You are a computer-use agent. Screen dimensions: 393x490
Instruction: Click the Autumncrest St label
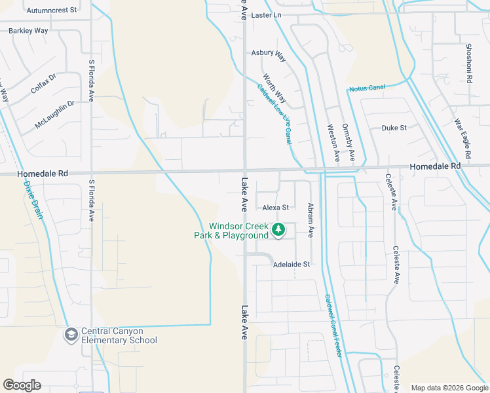point(55,10)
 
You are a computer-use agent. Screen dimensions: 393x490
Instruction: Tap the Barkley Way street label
point(29,30)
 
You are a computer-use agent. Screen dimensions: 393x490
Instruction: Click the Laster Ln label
point(265,14)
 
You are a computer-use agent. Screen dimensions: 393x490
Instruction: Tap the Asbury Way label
point(269,54)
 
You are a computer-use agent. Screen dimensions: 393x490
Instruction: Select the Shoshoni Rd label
point(469,64)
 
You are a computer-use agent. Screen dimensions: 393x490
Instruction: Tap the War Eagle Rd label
point(463,139)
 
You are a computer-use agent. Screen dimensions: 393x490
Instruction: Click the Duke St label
point(394,128)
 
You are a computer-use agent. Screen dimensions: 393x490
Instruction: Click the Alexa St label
point(276,208)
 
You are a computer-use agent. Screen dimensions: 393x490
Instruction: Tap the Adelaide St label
point(291,264)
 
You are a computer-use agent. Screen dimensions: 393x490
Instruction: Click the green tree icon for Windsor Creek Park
point(278,229)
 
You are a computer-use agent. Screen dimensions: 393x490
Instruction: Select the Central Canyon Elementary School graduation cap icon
point(70,335)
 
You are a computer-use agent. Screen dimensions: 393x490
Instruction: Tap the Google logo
point(22,385)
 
